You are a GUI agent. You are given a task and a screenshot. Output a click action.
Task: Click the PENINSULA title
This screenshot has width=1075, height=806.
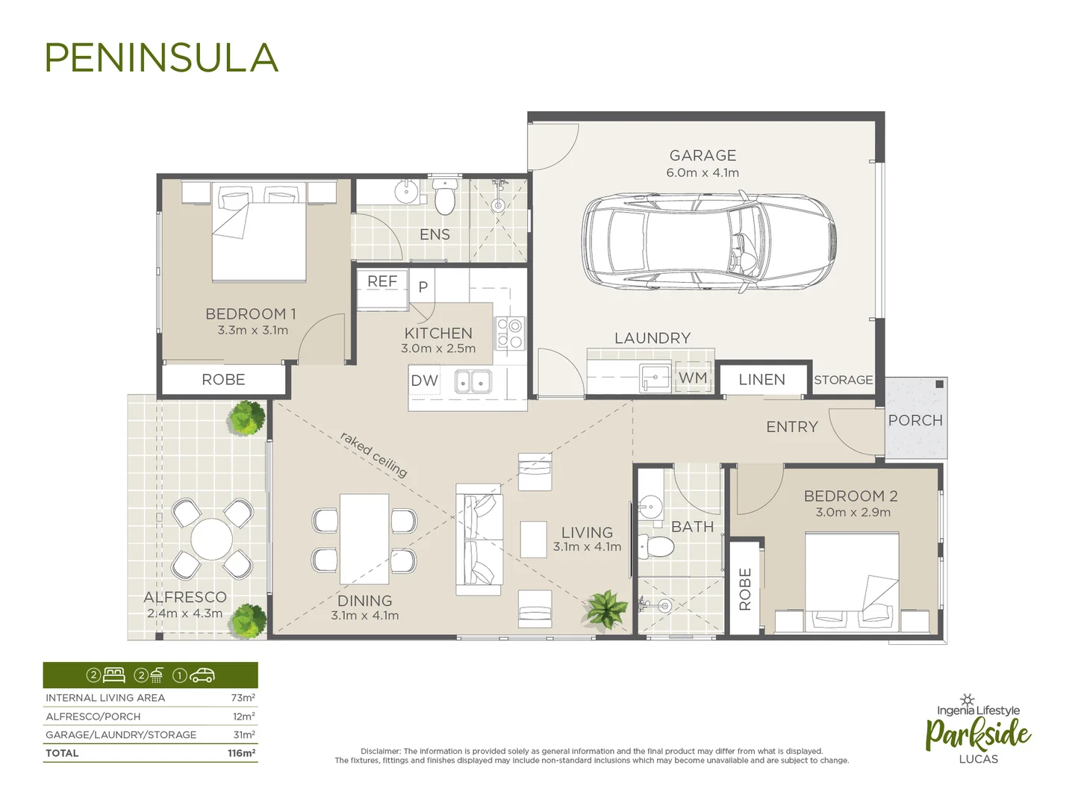(x=161, y=58)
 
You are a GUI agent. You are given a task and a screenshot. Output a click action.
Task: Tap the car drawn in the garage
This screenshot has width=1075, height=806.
(x=708, y=243)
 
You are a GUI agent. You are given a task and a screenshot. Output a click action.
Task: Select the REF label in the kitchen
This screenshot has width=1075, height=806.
(x=382, y=281)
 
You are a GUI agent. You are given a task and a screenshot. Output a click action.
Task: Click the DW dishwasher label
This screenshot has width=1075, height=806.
(x=424, y=381)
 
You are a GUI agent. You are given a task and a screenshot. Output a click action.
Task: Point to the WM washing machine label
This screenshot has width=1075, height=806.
(x=693, y=378)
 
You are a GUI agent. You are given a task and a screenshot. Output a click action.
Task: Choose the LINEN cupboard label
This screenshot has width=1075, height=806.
(x=761, y=380)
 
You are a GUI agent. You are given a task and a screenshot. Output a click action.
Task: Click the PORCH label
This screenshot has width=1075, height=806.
(x=915, y=421)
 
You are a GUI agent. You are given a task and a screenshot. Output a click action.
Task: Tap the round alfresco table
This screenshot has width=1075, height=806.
(x=212, y=539)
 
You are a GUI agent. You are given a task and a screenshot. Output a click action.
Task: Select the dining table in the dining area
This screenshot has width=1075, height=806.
(x=364, y=539)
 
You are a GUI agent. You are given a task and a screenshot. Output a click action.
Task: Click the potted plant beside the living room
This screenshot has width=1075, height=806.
(x=606, y=608)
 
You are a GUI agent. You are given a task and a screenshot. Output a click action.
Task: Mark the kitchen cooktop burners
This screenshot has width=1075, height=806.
(x=511, y=333)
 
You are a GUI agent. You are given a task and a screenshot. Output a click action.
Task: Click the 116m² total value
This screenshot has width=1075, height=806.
(x=241, y=753)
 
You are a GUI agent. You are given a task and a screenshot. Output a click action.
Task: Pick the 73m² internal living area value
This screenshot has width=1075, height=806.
(x=243, y=698)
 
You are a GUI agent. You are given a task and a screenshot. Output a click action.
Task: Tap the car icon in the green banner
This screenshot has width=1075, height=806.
(x=202, y=675)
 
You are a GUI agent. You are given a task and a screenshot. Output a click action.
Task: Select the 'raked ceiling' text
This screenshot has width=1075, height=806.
(x=374, y=454)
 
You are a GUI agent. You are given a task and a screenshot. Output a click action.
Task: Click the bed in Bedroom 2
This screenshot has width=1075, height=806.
(x=852, y=578)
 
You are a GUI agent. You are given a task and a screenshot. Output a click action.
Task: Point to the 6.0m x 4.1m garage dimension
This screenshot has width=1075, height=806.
(x=702, y=173)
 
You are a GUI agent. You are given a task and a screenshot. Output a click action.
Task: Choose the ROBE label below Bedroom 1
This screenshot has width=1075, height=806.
(x=223, y=380)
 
